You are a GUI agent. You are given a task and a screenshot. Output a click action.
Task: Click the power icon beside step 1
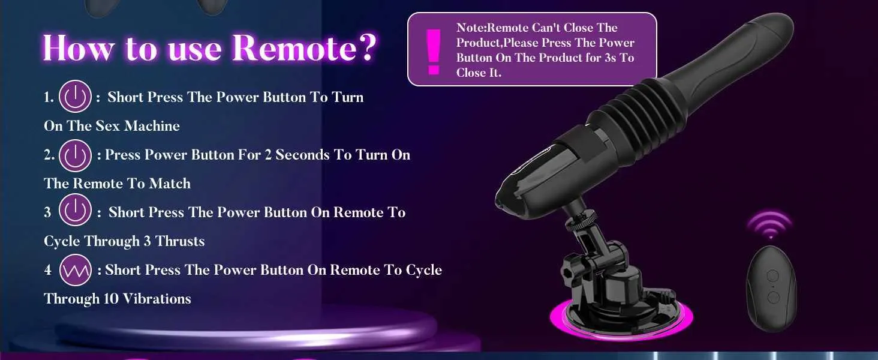click(x=75, y=97)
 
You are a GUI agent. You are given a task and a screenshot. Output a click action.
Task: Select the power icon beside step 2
click(x=75, y=155)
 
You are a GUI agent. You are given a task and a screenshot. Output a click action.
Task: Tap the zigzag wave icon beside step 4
click(x=75, y=270)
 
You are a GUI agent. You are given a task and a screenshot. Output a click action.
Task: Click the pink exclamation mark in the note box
click(x=434, y=52)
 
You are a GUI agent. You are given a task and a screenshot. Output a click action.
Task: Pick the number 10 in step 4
click(x=111, y=299)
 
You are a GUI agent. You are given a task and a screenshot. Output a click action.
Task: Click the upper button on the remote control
click(x=772, y=275)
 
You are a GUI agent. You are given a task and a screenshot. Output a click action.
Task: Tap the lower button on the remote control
click(x=773, y=298)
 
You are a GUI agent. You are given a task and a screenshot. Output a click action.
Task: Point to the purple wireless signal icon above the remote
click(x=770, y=224)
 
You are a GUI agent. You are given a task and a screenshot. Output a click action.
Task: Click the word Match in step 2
click(x=170, y=184)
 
